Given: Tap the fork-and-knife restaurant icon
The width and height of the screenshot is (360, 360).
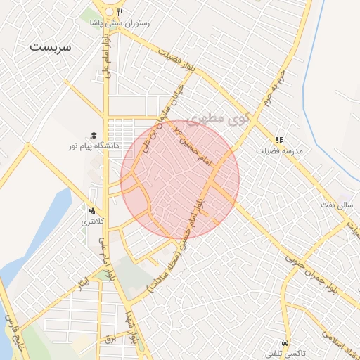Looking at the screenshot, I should click(120, 12).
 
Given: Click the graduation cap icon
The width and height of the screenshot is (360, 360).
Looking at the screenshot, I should click(92, 135).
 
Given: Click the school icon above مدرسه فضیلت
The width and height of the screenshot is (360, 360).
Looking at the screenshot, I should click(279, 140).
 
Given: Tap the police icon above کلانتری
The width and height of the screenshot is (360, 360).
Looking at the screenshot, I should click(92, 210).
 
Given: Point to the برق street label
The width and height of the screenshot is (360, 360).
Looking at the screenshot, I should click(109, 339).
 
